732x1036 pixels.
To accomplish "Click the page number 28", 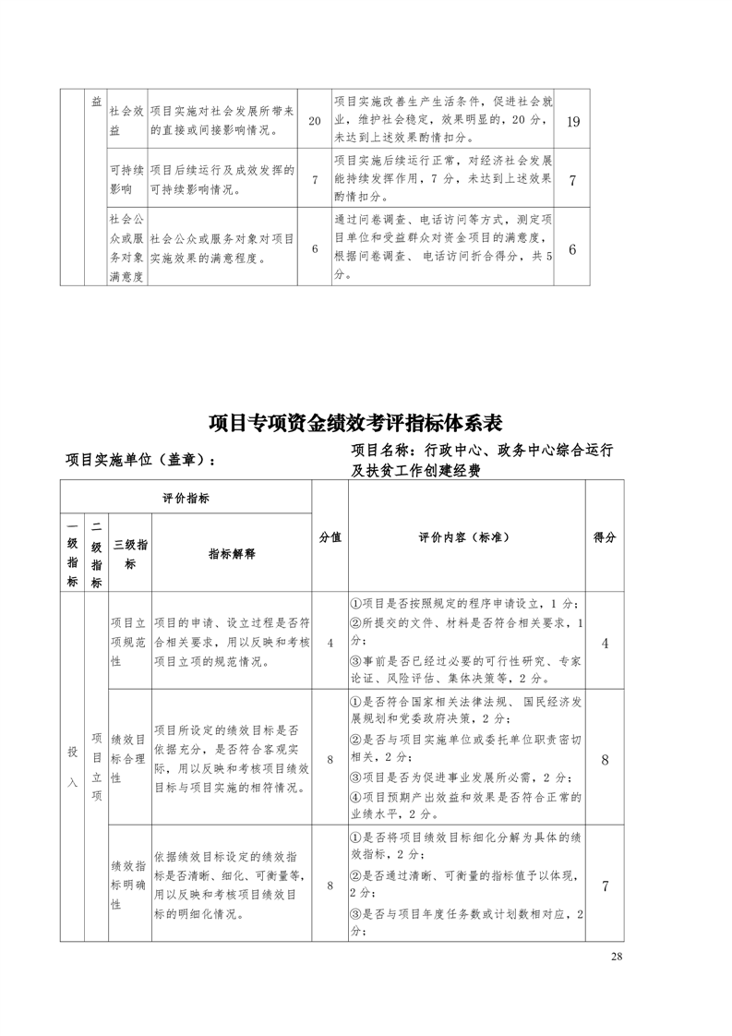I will [617, 956].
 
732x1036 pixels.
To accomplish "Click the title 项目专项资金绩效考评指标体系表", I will [355, 423].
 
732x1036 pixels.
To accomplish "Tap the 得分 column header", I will [605, 537].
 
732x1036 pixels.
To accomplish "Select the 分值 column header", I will [330, 537].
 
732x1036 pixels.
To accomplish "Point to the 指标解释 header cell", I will [231, 553].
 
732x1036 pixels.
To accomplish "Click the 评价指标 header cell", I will [186, 499].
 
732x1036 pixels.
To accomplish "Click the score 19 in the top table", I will [572, 122].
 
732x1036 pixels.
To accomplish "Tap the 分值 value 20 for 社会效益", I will [314, 122].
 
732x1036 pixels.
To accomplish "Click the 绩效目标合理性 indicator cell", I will [128, 758].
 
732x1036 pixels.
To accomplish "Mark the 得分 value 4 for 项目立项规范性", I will [605, 643].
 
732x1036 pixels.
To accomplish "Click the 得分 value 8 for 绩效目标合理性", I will [605, 759].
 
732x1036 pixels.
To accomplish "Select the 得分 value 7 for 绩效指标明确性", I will [605, 886].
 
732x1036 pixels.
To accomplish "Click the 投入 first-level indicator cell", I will [72, 766].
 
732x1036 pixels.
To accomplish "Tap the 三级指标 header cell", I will [128, 553].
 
